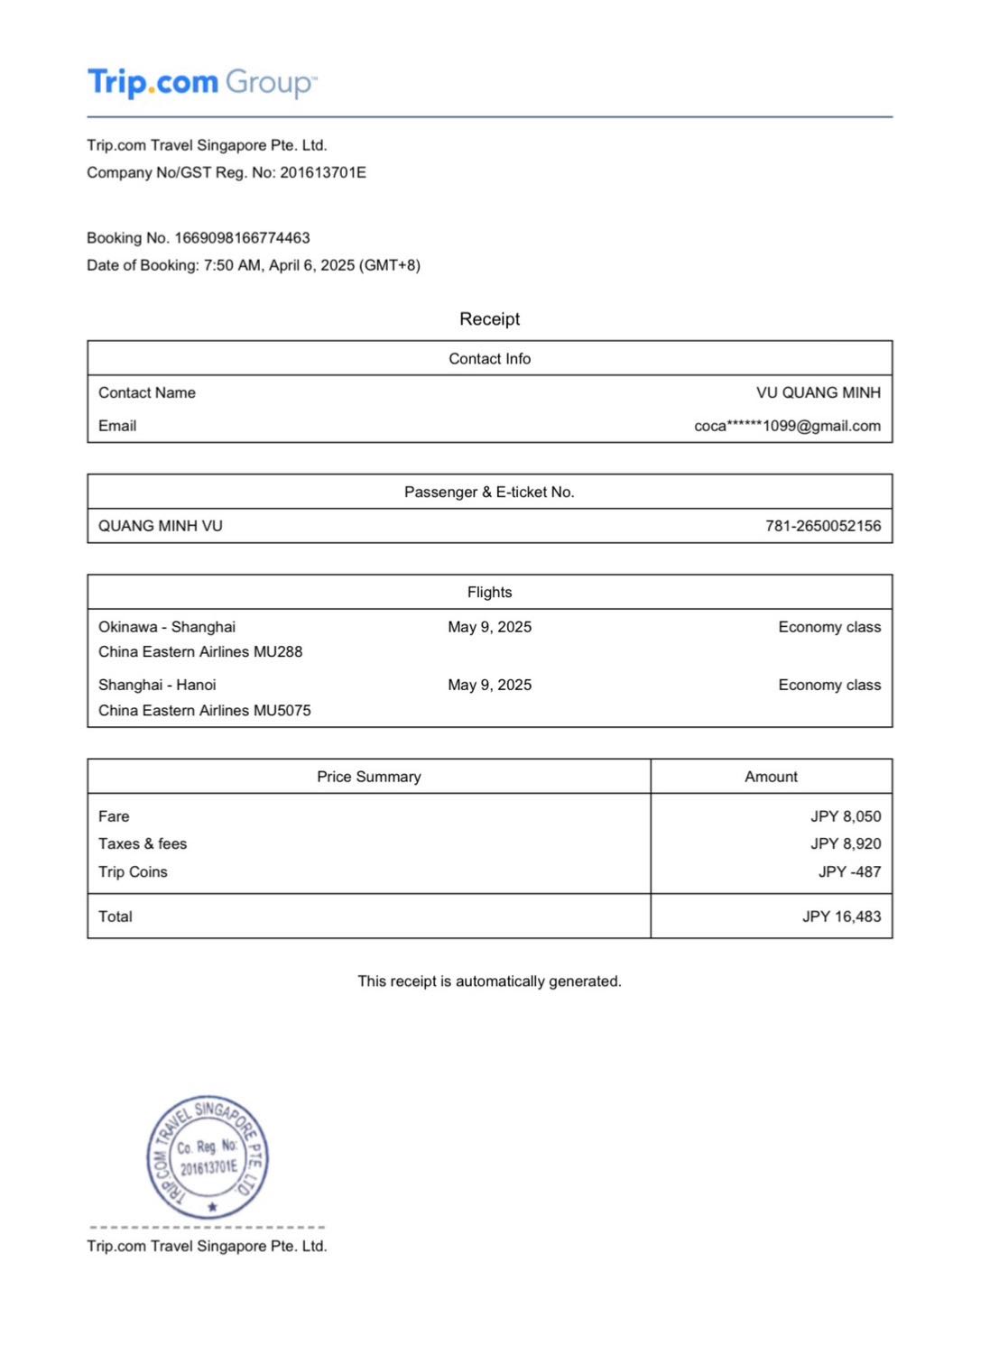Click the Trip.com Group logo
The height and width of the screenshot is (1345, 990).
pos(201,83)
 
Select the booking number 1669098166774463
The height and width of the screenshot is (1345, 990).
pos(242,238)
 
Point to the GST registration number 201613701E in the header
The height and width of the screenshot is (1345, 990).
pos(322,172)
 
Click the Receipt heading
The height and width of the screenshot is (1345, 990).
pos(489,318)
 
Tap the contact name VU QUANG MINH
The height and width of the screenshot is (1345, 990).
pos(818,392)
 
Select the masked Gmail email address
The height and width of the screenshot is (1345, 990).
pos(787,426)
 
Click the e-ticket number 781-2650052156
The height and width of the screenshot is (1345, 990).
pos(822,526)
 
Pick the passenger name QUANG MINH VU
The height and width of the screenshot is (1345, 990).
pos(161,526)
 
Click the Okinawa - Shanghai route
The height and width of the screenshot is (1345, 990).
pos(167,627)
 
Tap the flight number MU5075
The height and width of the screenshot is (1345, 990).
pos(282,711)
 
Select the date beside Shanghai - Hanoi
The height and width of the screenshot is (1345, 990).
pos(489,685)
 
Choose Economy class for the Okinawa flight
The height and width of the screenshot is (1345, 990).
pos(828,627)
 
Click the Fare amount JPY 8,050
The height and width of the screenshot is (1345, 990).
pos(845,816)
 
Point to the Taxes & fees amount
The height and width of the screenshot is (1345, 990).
pos(845,843)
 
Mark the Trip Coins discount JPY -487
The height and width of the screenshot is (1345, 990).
pos(848,871)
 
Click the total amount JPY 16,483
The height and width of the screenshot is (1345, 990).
pos(841,917)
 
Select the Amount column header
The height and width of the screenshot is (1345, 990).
pos(771,777)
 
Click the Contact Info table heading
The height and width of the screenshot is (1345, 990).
pos(489,359)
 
